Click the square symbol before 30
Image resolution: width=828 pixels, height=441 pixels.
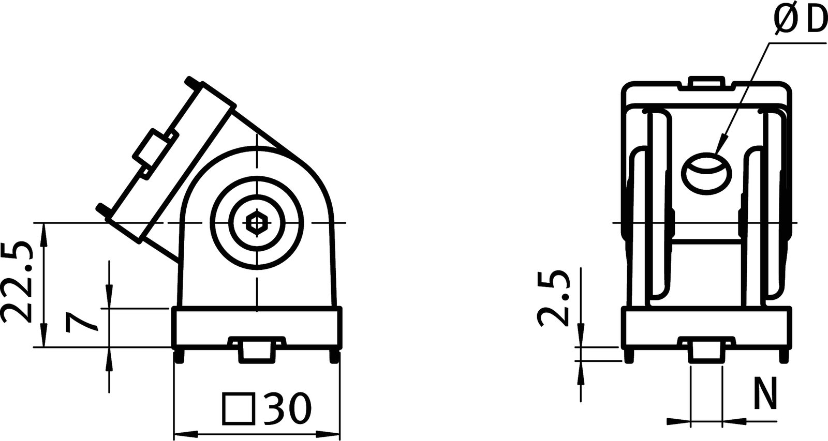(240, 408)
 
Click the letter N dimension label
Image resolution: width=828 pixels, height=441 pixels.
(765, 394)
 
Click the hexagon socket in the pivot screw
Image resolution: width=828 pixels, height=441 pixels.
(256, 223)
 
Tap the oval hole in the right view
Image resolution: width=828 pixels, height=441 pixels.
(707, 174)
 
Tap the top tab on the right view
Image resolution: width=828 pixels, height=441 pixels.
(706, 83)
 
